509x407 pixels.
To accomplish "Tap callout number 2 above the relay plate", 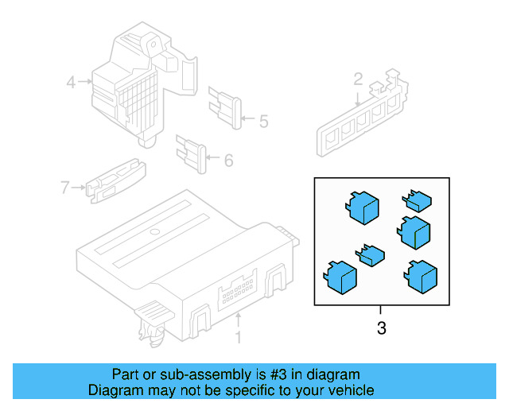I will (x=358, y=79).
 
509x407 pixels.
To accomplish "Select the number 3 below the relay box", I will (x=381, y=327).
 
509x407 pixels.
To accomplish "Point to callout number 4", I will (x=71, y=81).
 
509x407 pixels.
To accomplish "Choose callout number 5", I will (x=262, y=121).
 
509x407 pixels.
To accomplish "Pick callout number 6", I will (x=228, y=161).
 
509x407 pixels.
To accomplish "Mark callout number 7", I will (x=65, y=188).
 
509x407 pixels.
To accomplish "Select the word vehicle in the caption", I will (x=346, y=390).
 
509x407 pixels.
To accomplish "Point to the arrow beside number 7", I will (x=79, y=188).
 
